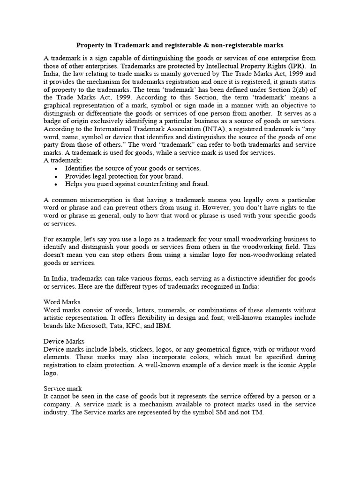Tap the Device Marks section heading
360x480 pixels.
[64, 341]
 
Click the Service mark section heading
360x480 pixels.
[63, 389]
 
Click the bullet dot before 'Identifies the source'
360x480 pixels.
[56, 169]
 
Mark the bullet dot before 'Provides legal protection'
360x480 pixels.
[56, 177]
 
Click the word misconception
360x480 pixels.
[105, 200]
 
